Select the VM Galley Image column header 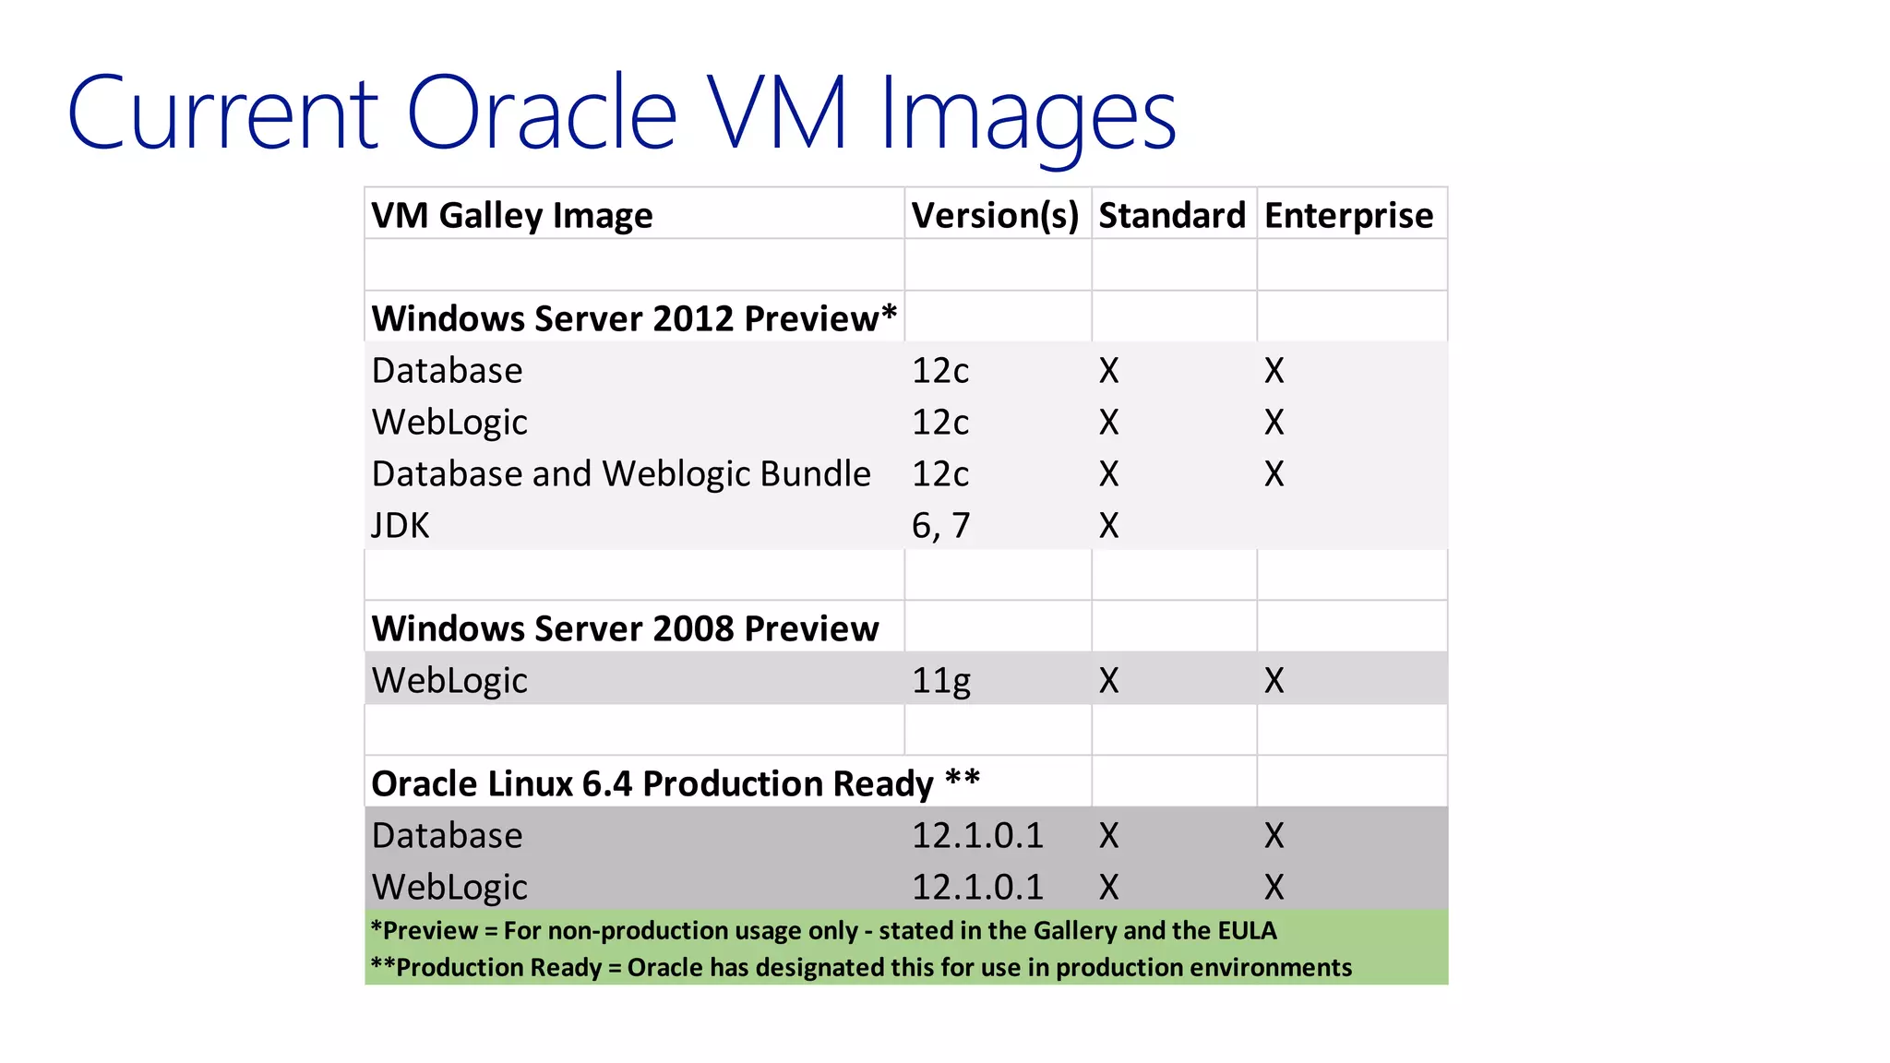pyautogui.click(x=511, y=216)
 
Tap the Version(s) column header pyautogui.click(x=995, y=216)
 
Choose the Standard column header pyautogui.click(x=1171, y=216)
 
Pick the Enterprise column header pyautogui.click(x=1348, y=216)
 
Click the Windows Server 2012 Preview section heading pyautogui.click(x=633, y=318)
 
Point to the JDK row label pyautogui.click(x=401, y=526)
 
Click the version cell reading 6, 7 pyautogui.click(x=940, y=526)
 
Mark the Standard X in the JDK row pyautogui.click(x=1108, y=526)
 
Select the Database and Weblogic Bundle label pyautogui.click(x=620, y=474)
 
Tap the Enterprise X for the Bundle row pyautogui.click(x=1274, y=474)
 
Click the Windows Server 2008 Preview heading pyautogui.click(x=625, y=628)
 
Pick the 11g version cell pyautogui.click(x=940, y=681)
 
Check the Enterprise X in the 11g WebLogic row pyautogui.click(x=1274, y=681)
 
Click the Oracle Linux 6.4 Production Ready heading pyautogui.click(x=675, y=783)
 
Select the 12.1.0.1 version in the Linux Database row pyautogui.click(x=977, y=836)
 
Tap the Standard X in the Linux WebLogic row pyautogui.click(x=1108, y=888)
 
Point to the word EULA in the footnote pyautogui.click(x=1247, y=930)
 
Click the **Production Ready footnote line pyautogui.click(x=860, y=967)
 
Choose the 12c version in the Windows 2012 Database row pyautogui.click(x=940, y=371)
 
